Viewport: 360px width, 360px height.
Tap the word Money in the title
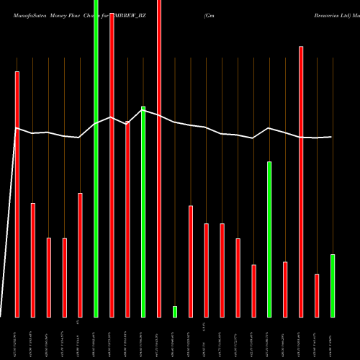(60, 14)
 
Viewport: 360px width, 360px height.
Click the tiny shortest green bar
(174, 311)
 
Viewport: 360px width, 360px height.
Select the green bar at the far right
(333, 285)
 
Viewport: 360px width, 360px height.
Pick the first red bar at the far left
(17, 194)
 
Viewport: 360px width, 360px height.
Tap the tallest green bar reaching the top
(96, 158)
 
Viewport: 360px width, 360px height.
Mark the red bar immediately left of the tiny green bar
(159, 158)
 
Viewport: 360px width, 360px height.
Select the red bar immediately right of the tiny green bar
(191, 261)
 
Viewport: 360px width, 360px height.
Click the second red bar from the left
(32, 260)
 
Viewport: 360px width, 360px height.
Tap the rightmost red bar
(317, 295)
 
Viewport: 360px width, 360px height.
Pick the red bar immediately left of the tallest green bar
(80, 255)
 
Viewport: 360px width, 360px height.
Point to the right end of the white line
(332, 137)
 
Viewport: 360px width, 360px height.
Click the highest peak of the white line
(143, 109)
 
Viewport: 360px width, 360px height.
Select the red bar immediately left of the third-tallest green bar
(253, 291)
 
